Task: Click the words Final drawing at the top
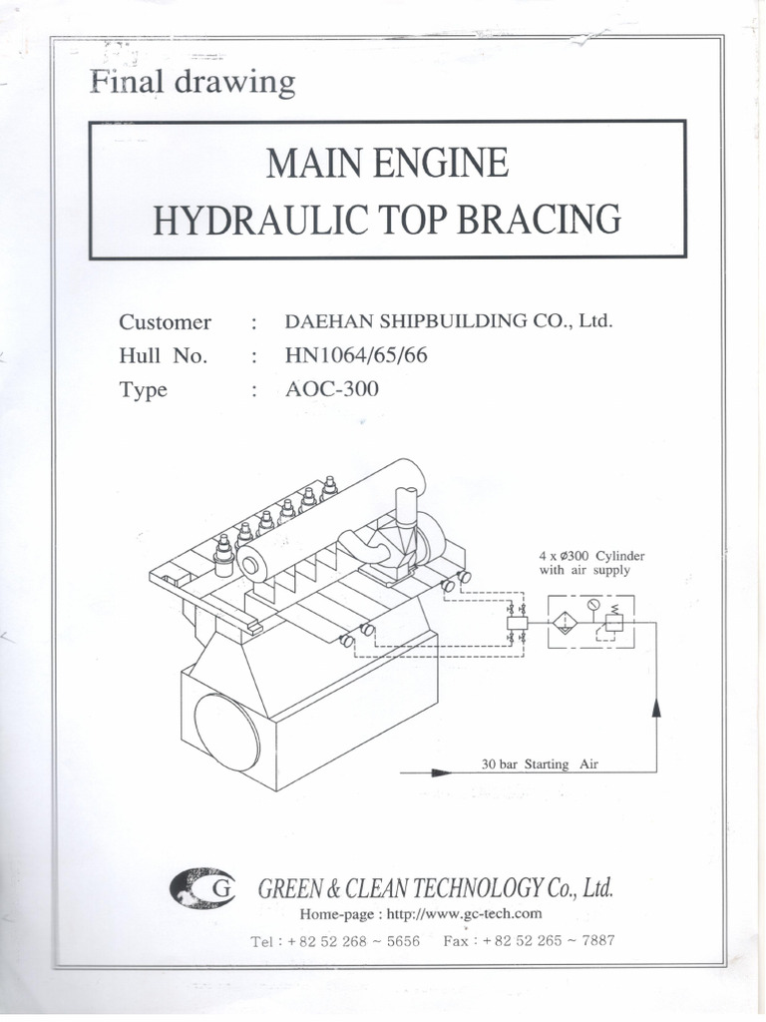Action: pos(192,82)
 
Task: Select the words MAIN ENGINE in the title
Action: pos(387,163)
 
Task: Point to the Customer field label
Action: pos(165,322)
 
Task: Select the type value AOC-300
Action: pos(332,389)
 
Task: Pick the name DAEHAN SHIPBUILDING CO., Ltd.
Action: pos(448,321)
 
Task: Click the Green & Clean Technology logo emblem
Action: pos(202,885)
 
